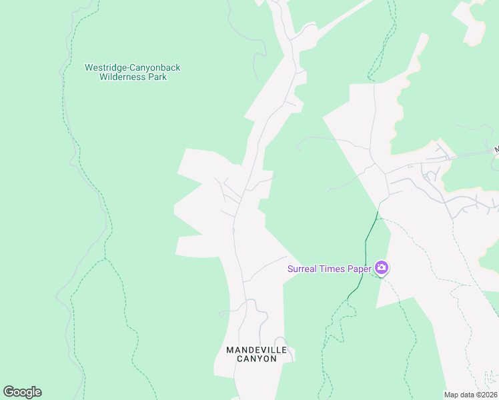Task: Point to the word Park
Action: point(157,77)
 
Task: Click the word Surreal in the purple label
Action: point(302,269)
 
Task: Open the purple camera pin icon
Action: point(382,268)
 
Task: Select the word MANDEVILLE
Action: point(257,349)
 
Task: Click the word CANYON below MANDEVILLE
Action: point(257,359)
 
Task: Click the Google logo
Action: point(22,392)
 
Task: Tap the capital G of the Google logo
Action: point(9,392)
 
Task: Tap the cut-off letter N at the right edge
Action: point(496,149)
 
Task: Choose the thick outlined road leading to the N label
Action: point(467,155)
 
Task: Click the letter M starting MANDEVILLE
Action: point(229,349)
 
